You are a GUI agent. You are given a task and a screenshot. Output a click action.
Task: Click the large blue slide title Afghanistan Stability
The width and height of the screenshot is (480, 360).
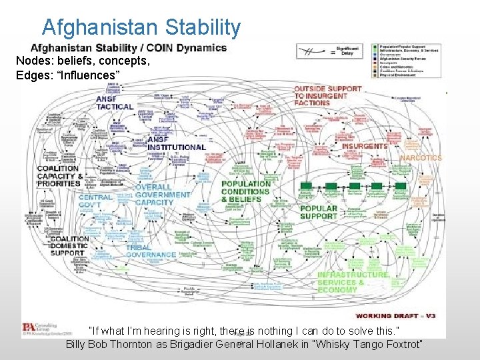(141, 27)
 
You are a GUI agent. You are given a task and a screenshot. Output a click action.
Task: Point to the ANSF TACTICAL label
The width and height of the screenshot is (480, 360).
(115, 103)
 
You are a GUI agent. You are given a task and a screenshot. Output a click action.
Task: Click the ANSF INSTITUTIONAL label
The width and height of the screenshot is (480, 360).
(176, 143)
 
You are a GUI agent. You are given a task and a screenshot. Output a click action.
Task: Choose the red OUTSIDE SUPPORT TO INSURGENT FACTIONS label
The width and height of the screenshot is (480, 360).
(328, 95)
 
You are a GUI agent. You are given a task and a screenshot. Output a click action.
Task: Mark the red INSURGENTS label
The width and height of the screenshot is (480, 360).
(365, 146)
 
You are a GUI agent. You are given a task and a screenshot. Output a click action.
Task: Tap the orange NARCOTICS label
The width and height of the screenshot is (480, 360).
(421, 158)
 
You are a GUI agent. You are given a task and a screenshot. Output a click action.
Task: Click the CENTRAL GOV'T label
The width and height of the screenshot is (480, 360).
(95, 201)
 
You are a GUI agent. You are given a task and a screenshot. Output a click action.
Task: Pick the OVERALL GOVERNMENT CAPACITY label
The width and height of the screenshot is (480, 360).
(163, 195)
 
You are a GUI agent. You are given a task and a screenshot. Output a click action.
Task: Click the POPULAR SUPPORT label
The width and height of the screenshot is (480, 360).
(318, 212)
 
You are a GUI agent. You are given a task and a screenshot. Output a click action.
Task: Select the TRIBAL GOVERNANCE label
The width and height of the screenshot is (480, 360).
(150, 251)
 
